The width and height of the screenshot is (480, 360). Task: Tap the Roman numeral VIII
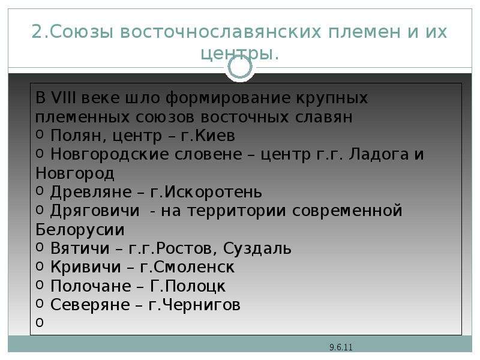[x=64, y=98]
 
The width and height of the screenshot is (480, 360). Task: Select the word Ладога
[x=379, y=154]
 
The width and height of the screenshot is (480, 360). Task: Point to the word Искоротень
[x=213, y=192]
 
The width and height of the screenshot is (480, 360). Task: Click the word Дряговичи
[x=95, y=211]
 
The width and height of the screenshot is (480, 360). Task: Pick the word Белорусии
[x=80, y=230]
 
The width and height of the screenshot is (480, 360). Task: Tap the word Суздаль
[x=257, y=248]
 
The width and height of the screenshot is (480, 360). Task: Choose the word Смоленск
[x=194, y=267]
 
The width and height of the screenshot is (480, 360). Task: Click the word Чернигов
[x=201, y=305]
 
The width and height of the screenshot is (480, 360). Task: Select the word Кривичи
[x=86, y=267]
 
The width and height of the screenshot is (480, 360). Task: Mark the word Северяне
[x=90, y=305]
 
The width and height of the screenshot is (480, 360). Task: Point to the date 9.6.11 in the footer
[x=341, y=347]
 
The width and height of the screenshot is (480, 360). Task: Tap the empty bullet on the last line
[x=40, y=322]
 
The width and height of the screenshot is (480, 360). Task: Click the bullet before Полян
[x=40, y=134]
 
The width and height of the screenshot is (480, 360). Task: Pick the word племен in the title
[x=364, y=32]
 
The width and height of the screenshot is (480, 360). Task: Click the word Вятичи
[x=80, y=248]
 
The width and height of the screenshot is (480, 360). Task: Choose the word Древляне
[x=91, y=192]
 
